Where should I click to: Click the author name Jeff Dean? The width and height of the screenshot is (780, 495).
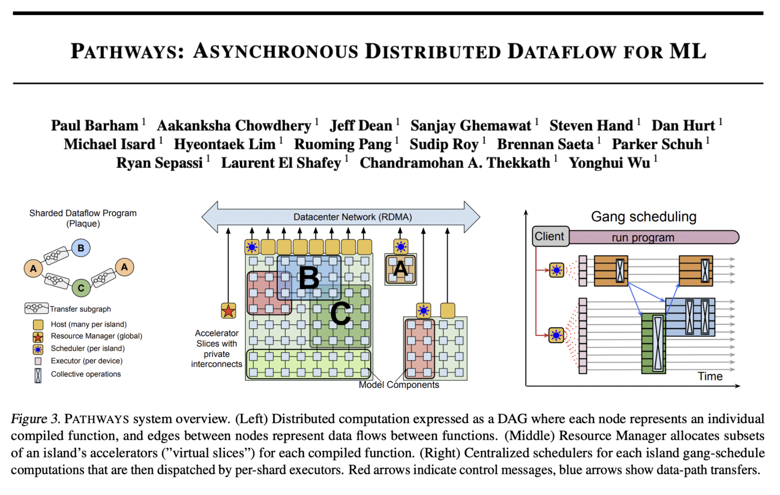tap(361, 125)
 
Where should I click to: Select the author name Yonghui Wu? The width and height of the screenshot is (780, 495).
tap(609, 163)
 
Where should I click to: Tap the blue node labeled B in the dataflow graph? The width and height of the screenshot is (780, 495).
tap(81, 248)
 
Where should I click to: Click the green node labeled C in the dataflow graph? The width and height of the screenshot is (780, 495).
tap(81, 288)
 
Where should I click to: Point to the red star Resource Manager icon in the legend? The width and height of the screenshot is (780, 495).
tap(38, 337)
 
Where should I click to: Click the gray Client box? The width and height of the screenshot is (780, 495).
tap(550, 236)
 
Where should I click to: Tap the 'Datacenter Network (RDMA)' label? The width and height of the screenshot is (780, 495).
tap(352, 217)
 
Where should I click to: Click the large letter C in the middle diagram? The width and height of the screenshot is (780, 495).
tap(340, 313)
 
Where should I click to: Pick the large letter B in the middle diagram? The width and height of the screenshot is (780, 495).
tap(309, 278)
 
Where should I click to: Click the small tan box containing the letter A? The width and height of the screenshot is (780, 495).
tap(400, 270)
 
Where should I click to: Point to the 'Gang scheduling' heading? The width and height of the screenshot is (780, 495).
tap(643, 217)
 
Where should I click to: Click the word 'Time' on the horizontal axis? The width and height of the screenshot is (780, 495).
tap(709, 376)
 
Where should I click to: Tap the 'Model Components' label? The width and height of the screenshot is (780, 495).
tap(399, 385)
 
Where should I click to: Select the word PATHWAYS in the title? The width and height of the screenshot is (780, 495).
tap(127, 51)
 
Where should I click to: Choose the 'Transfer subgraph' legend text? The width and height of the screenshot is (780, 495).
tap(80, 309)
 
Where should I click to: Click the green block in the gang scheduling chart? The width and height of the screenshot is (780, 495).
tap(653, 343)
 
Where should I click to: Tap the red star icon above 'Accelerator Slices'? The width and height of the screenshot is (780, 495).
tap(228, 311)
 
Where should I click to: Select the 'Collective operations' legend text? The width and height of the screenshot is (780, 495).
tap(86, 374)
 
